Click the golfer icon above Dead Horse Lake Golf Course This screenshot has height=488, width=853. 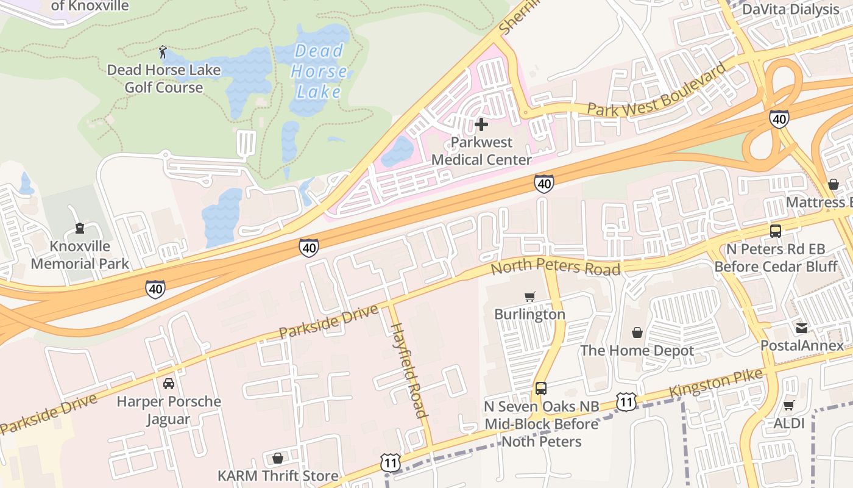pyautogui.click(x=163, y=52)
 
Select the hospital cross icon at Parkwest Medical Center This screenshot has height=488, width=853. pyautogui.click(x=481, y=125)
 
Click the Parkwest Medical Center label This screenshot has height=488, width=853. pyautogui.click(x=481, y=151)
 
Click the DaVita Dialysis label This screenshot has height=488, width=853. pyautogui.click(x=790, y=9)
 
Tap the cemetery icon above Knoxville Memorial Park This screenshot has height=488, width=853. pyautogui.click(x=79, y=229)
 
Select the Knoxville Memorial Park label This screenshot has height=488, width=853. pyautogui.click(x=80, y=255)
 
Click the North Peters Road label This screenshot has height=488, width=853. pyautogui.click(x=555, y=268)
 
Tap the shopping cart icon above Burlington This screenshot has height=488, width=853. pyautogui.click(x=529, y=297)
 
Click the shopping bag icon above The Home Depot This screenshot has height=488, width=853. pyautogui.click(x=637, y=332)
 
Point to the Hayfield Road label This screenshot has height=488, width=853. pyautogui.click(x=408, y=370)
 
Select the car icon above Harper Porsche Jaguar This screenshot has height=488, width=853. pyautogui.click(x=169, y=384)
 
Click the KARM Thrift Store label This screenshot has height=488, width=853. pyautogui.click(x=278, y=476)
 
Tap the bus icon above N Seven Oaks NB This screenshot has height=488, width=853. pyautogui.click(x=540, y=389)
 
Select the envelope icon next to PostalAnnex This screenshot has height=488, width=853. pyautogui.click(x=801, y=328)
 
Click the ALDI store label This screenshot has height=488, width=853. pyautogui.click(x=789, y=423)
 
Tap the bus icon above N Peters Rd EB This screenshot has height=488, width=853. pyautogui.click(x=775, y=231)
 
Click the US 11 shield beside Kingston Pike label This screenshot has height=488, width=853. pyautogui.click(x=626, y=401)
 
